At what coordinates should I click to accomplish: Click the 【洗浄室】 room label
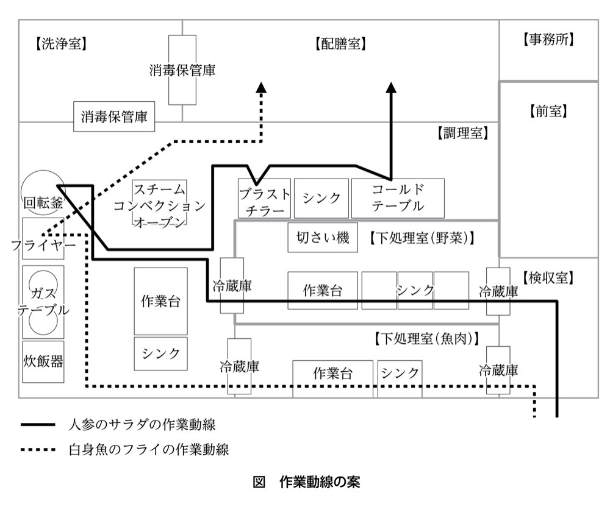(61, 43)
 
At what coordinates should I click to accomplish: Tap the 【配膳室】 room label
(340, 43)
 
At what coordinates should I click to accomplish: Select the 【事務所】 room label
(548, 39)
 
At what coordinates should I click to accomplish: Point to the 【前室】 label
(548, 112)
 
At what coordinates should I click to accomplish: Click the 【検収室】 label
(548, 278)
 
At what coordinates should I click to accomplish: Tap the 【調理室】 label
(462, 133)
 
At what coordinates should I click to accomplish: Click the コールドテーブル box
(398, 198)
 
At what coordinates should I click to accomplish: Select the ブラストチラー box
(264, 198)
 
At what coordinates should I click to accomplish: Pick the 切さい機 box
(323, 238)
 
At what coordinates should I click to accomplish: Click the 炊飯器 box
(43, 362)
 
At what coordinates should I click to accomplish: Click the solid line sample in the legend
(38, 425)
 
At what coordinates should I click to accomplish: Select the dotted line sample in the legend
(38, 450)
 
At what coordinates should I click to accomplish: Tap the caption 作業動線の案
(320, 482)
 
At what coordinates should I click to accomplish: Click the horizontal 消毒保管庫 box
(114, 116)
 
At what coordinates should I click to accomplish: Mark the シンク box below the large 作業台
(160, 353)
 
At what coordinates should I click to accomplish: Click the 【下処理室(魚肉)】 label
(426, 338)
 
